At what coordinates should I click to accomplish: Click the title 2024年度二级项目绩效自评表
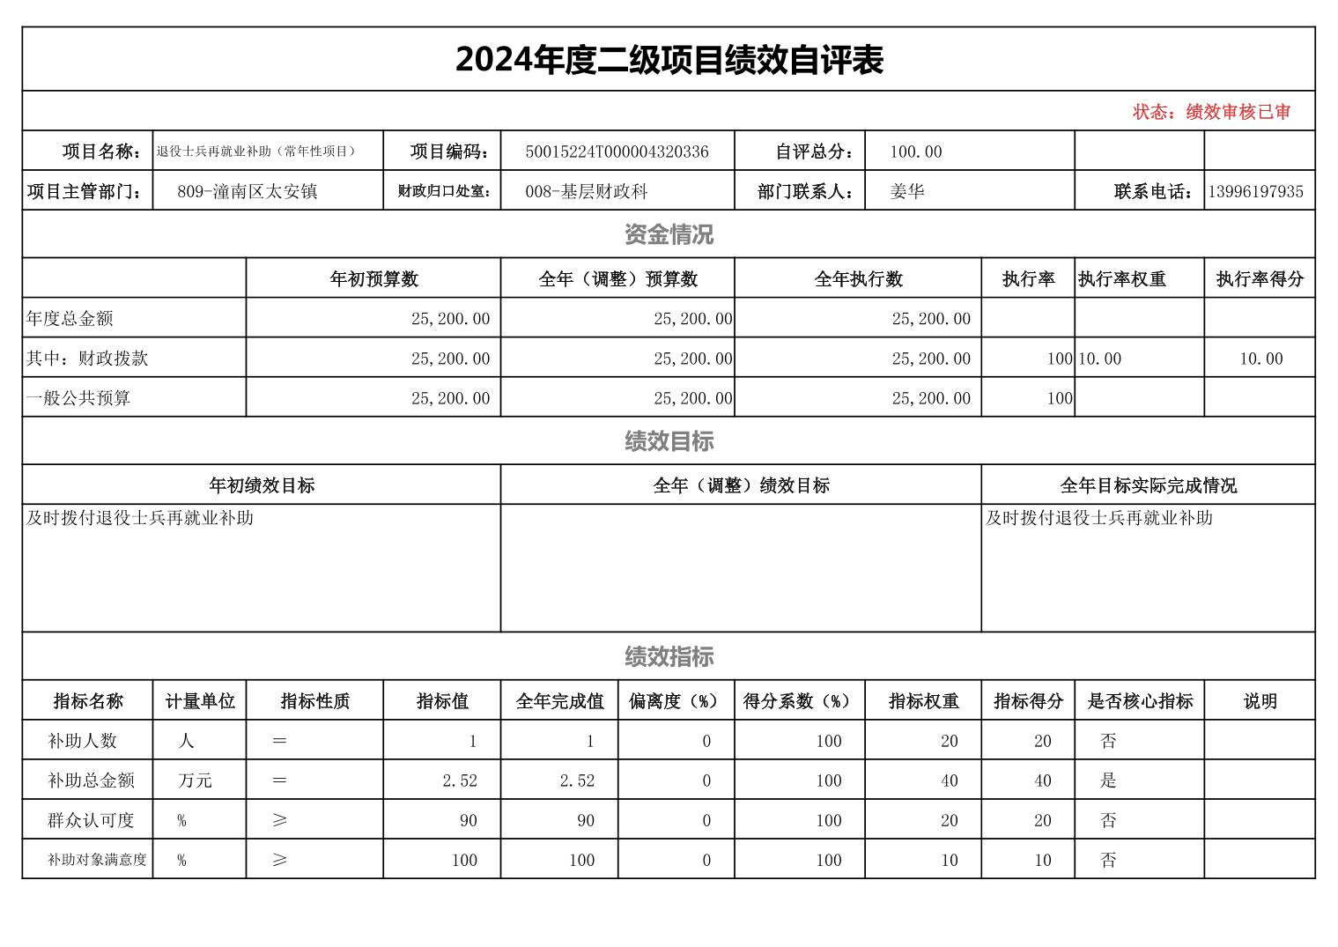pos(669,60)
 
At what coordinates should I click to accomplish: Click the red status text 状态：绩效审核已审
pos(1211,112)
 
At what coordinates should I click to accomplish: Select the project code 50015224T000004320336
pos(617,152)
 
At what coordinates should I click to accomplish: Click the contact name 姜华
pos(907,191)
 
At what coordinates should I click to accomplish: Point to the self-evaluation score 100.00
pos(916,152)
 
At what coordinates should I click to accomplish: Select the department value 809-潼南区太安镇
pos(248,191)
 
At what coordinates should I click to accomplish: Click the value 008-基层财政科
pos(587,191)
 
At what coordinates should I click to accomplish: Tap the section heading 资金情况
pos(669,234)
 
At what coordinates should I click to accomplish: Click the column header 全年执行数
pos(858,279)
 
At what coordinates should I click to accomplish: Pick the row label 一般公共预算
pos(78,398)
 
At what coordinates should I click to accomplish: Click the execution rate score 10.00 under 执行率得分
pos(1260,359)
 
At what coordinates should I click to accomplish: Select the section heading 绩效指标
pos(669,656)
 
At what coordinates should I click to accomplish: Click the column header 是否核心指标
pos(1140,701)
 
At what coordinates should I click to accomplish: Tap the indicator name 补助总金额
pos(91,781)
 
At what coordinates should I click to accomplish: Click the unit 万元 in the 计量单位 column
pos(195,781)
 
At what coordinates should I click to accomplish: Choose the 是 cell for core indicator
pos(1108,781)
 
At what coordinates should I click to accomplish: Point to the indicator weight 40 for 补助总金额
pos(949,781)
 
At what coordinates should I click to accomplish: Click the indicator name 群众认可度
pos(91,820)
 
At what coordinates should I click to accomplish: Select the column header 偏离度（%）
pos(675,701)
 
